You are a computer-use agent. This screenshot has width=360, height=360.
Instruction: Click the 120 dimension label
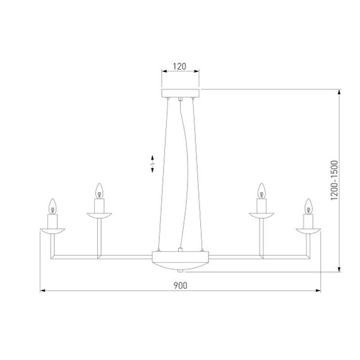point(179,66)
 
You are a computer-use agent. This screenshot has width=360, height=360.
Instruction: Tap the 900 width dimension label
point(180,285)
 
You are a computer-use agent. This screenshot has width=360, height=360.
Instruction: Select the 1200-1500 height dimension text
point(334,180)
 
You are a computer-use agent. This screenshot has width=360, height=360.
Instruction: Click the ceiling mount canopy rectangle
point(180,93)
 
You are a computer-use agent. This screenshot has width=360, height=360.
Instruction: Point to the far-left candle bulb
point(52,207)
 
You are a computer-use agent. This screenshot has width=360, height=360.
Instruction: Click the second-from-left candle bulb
point(99,191)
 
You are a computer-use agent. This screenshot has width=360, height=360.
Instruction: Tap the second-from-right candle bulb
point(261,191)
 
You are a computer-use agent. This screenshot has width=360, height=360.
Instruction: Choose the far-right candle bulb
point(308,207)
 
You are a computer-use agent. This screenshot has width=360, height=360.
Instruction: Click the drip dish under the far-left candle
point(52,231)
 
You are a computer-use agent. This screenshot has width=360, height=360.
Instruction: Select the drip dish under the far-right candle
point(308,231)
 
